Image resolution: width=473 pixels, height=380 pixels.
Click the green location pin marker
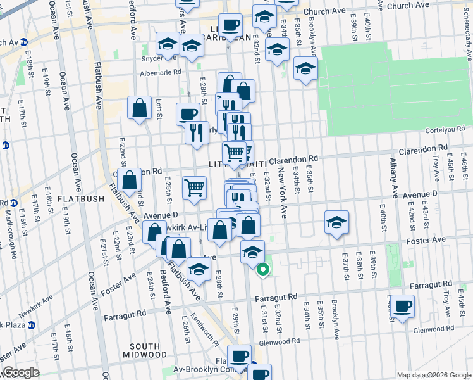pos(262,270)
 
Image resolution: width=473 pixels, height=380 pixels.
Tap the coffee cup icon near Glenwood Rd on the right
pos(402,307)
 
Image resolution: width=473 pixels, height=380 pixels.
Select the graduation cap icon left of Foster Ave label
pos(337,222)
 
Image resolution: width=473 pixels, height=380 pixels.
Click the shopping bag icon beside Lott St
pos(139,108)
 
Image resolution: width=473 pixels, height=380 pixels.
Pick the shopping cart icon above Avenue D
pos(194,187)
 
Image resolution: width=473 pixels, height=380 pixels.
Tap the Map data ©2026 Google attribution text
pos(434,375)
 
